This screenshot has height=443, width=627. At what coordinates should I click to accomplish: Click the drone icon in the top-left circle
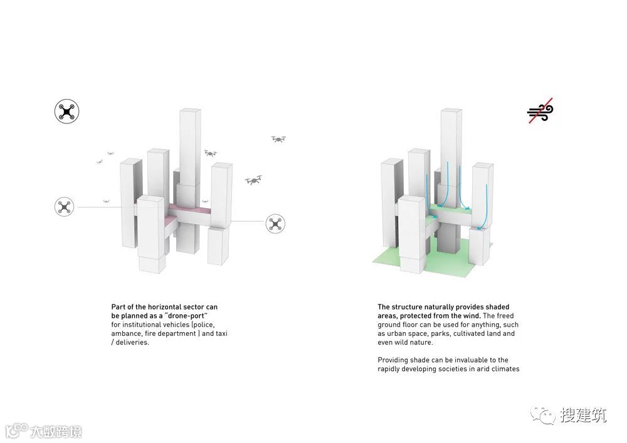click(66, 112)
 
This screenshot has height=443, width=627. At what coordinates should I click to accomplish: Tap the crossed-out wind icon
click(540, 111)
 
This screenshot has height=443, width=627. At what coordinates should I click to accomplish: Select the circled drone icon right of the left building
click(275, 223)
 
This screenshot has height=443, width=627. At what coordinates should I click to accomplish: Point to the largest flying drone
click(254, 180)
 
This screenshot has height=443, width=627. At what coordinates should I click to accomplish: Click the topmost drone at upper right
click(278, 139)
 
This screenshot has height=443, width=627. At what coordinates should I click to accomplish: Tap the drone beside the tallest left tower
click(211, 152)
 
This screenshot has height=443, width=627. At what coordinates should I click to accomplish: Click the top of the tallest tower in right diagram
click(451, 113)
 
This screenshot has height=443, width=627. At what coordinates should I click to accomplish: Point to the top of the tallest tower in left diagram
click(189, 113)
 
